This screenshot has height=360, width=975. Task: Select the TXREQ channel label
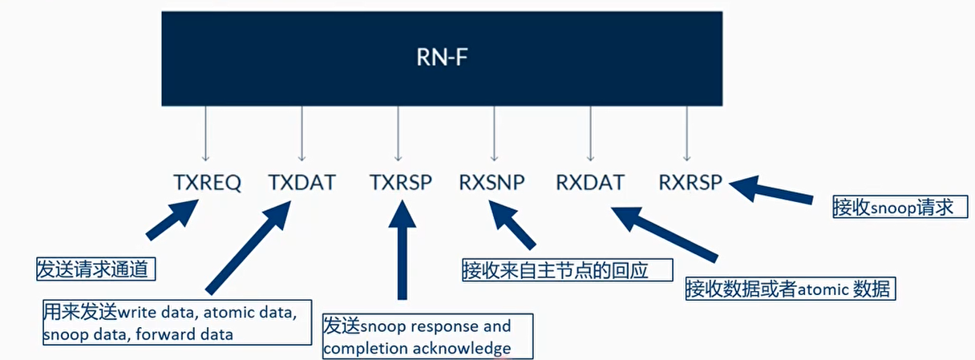coord(207,183)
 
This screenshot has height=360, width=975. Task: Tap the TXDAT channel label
coord(301,183)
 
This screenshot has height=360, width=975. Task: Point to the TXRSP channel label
coord(401,183)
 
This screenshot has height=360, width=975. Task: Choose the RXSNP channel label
coord(492,183)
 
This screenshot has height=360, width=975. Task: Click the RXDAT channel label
coord(590,183)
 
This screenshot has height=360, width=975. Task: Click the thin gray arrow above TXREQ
coord(206,135)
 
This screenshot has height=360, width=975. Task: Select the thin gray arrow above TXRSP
coord(398,135)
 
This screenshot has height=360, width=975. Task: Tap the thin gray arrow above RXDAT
coord(590,135)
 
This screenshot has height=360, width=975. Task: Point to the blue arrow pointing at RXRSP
coord(774,192)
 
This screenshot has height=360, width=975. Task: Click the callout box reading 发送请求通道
coord(95,269)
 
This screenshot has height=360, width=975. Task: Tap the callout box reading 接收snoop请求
coord(893,208)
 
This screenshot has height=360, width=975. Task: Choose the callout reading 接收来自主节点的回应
coord(566,269)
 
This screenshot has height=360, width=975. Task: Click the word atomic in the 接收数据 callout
coord(821,289)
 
